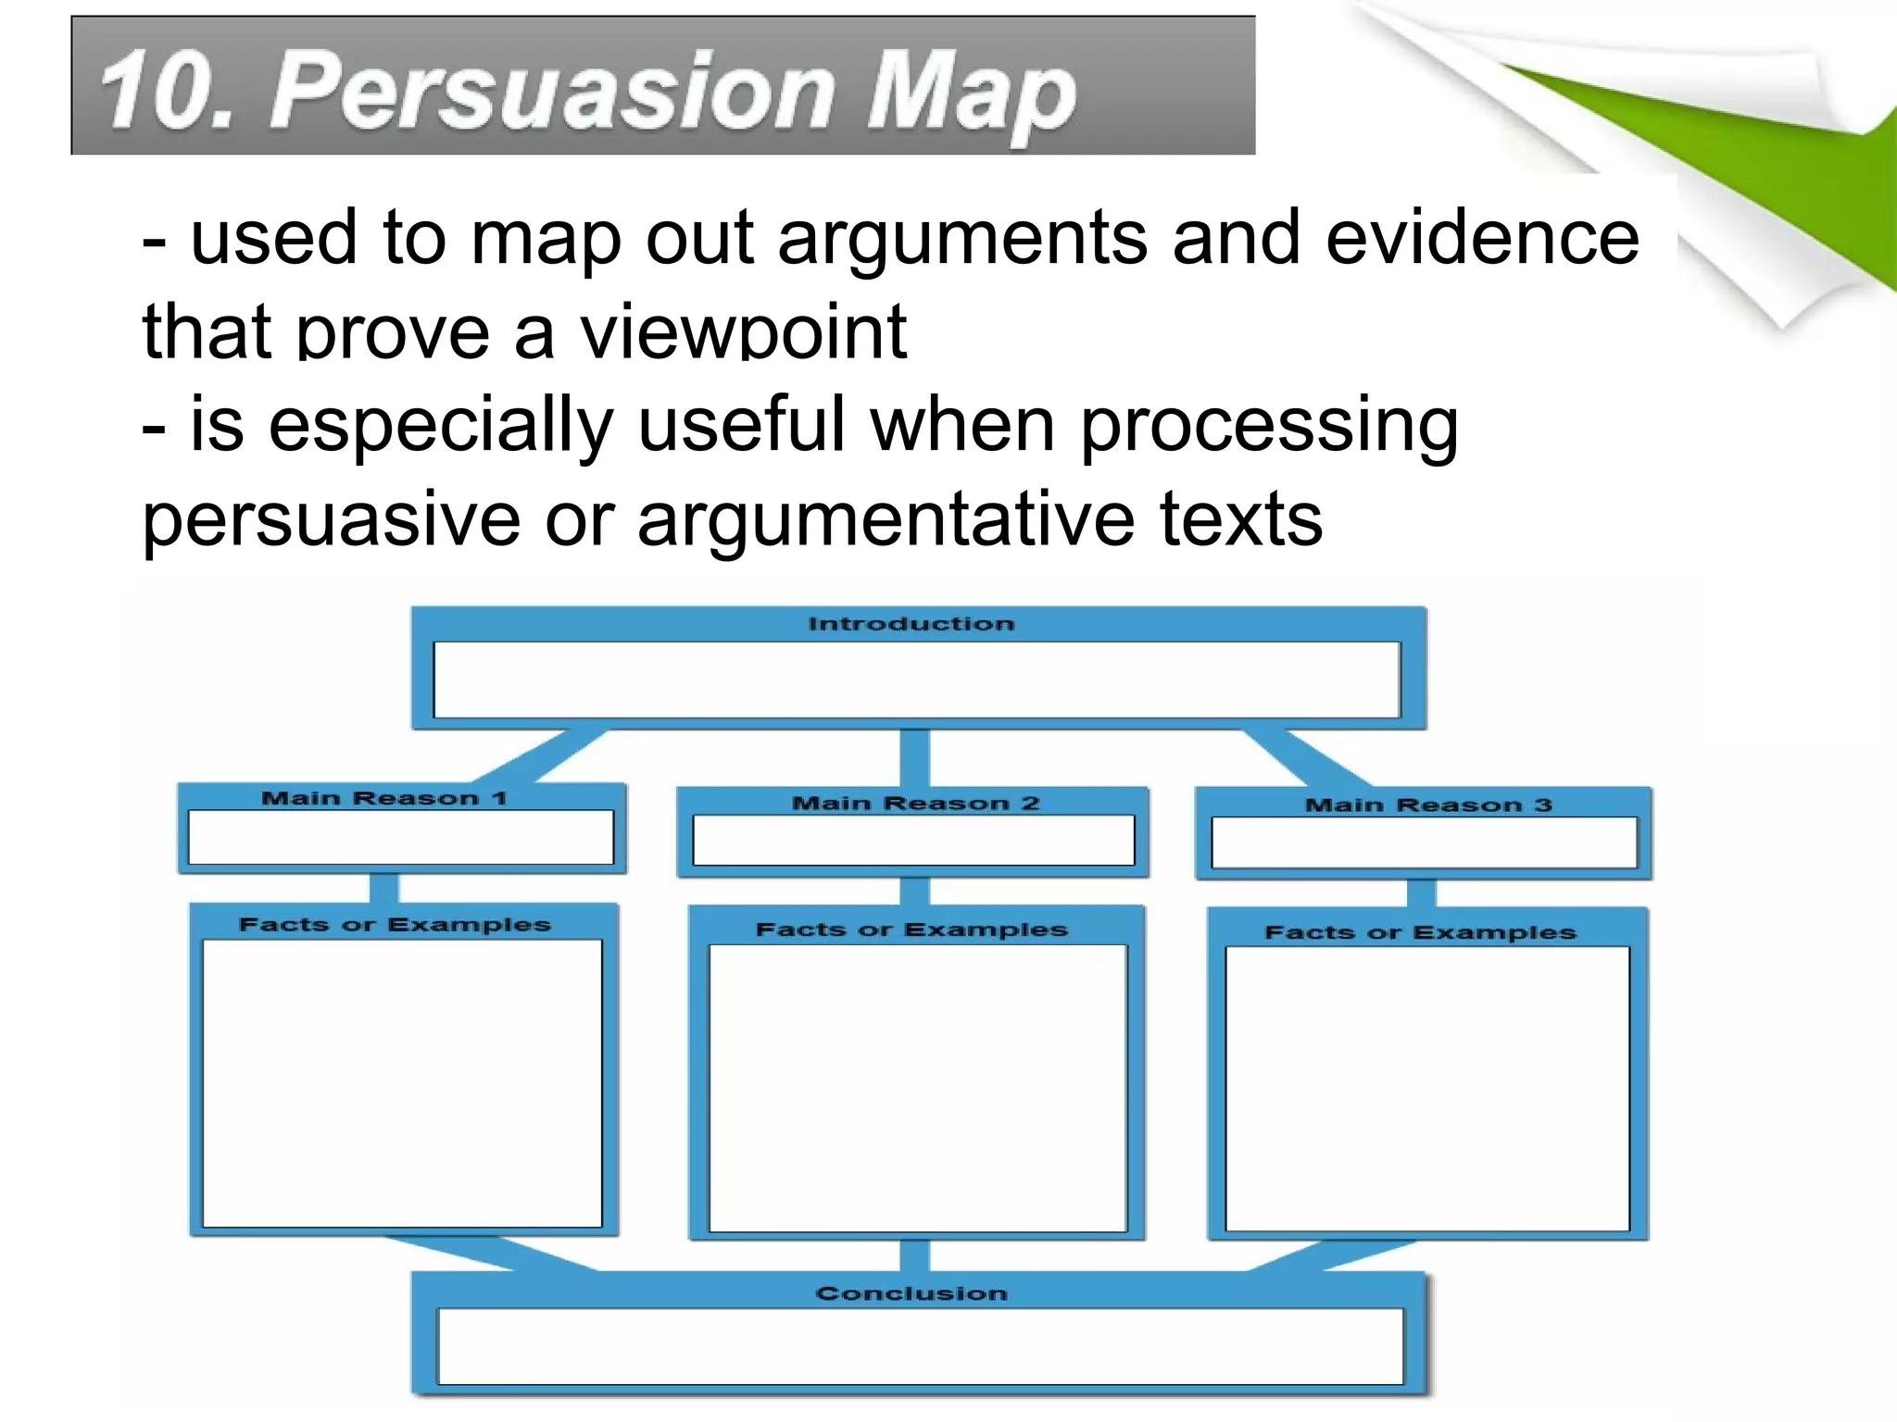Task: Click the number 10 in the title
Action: (x=154, y=90)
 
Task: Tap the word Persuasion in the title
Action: (x=550, y=90)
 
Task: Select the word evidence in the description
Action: (x=1482, y=238)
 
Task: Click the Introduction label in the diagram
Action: (x=911, y=624)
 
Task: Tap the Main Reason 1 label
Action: (x=384, y=798)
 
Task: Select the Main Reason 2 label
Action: (x=915, y=803)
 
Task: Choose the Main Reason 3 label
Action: (x=1427, y=805)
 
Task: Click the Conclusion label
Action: (x=911, y=1293)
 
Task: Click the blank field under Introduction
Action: (x=917, y=680)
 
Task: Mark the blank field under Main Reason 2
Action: (x=913, y=841)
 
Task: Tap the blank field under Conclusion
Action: (x=921, y=1346)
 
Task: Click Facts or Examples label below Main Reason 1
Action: (x=395, y=925)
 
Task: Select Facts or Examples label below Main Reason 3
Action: (x=1420, y=932)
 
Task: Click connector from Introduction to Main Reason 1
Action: (x=542, y=755)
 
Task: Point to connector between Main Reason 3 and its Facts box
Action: (x=1421, y=893)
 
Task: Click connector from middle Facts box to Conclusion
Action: (x=914, y=1256)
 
